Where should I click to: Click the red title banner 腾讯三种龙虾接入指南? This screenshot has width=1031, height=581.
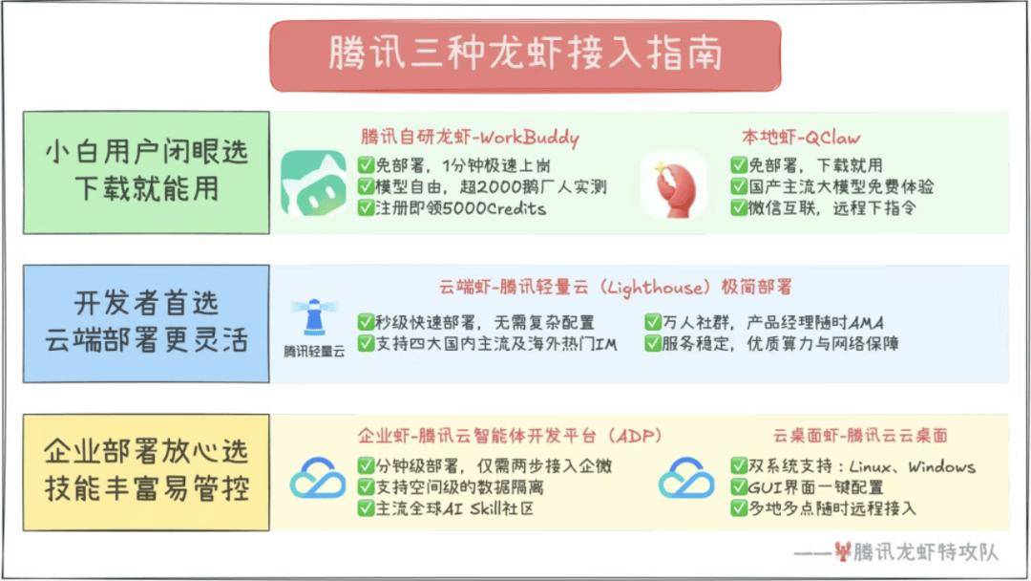525,55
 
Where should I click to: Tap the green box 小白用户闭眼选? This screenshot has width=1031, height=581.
146,172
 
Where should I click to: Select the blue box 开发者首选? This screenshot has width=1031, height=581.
146,323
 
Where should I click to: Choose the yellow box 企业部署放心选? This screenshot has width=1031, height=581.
146,472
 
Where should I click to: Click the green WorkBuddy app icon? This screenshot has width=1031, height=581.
313,182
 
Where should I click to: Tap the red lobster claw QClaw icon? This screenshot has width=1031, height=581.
673,183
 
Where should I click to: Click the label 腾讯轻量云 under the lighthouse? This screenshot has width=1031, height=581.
314,352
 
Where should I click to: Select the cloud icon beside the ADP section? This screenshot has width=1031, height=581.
318,478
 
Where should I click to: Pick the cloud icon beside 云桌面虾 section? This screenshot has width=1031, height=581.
686,478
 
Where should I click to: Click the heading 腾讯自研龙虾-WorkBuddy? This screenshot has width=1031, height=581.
470,138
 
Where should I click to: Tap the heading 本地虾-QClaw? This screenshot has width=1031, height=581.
801,138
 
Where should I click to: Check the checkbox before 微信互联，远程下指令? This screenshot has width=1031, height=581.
739,208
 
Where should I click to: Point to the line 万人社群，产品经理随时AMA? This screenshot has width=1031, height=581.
772,322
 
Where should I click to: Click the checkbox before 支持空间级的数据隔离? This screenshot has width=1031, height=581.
366,487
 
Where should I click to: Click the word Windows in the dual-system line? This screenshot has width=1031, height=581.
941,466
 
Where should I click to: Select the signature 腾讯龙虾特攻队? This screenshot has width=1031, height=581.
924,552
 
